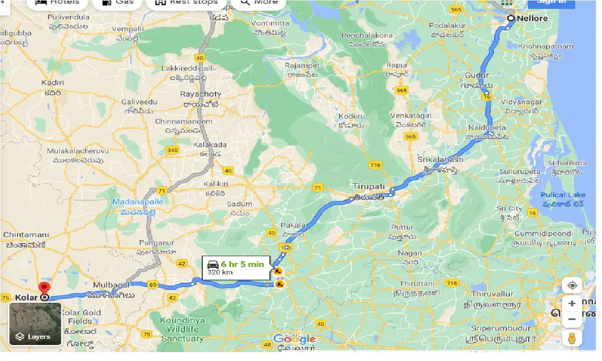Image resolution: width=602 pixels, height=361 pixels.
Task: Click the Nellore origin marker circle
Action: coord(511,18)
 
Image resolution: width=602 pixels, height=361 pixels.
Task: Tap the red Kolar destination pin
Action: coord(44,288)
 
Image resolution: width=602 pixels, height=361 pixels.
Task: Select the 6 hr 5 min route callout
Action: coord(236,268)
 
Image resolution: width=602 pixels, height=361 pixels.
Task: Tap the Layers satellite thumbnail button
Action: coord(35,324)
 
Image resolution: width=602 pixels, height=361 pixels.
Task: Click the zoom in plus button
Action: coord(572,303)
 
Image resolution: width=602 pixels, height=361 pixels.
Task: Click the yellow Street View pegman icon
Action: coord(572,338)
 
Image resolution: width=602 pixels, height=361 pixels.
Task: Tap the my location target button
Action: coord(572,285)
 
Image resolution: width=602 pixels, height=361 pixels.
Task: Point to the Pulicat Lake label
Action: coord(563,195)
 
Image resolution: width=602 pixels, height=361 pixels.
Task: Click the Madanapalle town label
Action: coord(138,202)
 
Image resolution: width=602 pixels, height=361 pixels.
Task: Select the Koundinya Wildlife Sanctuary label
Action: coord(182,330)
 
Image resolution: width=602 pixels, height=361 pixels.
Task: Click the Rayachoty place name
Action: coord(200,94)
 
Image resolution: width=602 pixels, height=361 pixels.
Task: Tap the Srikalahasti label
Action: coord(440,159)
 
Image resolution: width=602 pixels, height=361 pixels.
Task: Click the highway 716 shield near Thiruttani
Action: coord(451,283)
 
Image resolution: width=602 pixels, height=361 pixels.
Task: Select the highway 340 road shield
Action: coord(172,150)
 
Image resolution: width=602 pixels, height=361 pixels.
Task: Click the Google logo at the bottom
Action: coord(294,339)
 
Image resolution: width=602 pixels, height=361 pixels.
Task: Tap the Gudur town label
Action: coord(477,75)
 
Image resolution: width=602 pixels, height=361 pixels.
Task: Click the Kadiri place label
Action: coord(52,83)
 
